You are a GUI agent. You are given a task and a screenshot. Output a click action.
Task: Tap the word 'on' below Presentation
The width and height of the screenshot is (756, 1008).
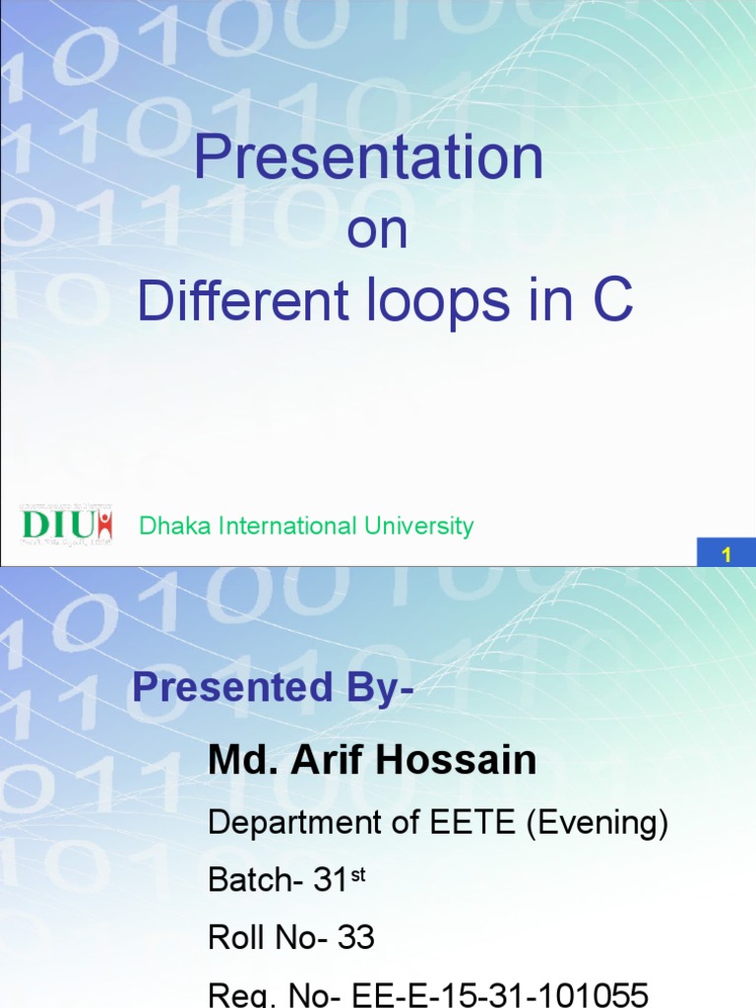coord(378,232)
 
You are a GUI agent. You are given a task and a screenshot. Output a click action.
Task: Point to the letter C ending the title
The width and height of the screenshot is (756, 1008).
coord(611,302)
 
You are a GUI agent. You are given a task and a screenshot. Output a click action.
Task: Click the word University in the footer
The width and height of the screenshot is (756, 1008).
coord(418,527)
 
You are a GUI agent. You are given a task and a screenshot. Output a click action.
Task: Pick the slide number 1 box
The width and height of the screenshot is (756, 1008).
coord(726,555)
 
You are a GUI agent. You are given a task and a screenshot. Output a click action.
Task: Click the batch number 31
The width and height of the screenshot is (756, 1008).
coord(331,881)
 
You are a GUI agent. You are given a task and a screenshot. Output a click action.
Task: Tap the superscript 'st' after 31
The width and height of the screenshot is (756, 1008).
coord(357,873)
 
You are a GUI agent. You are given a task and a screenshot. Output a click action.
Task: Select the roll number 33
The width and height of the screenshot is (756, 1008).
coord(355,938)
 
